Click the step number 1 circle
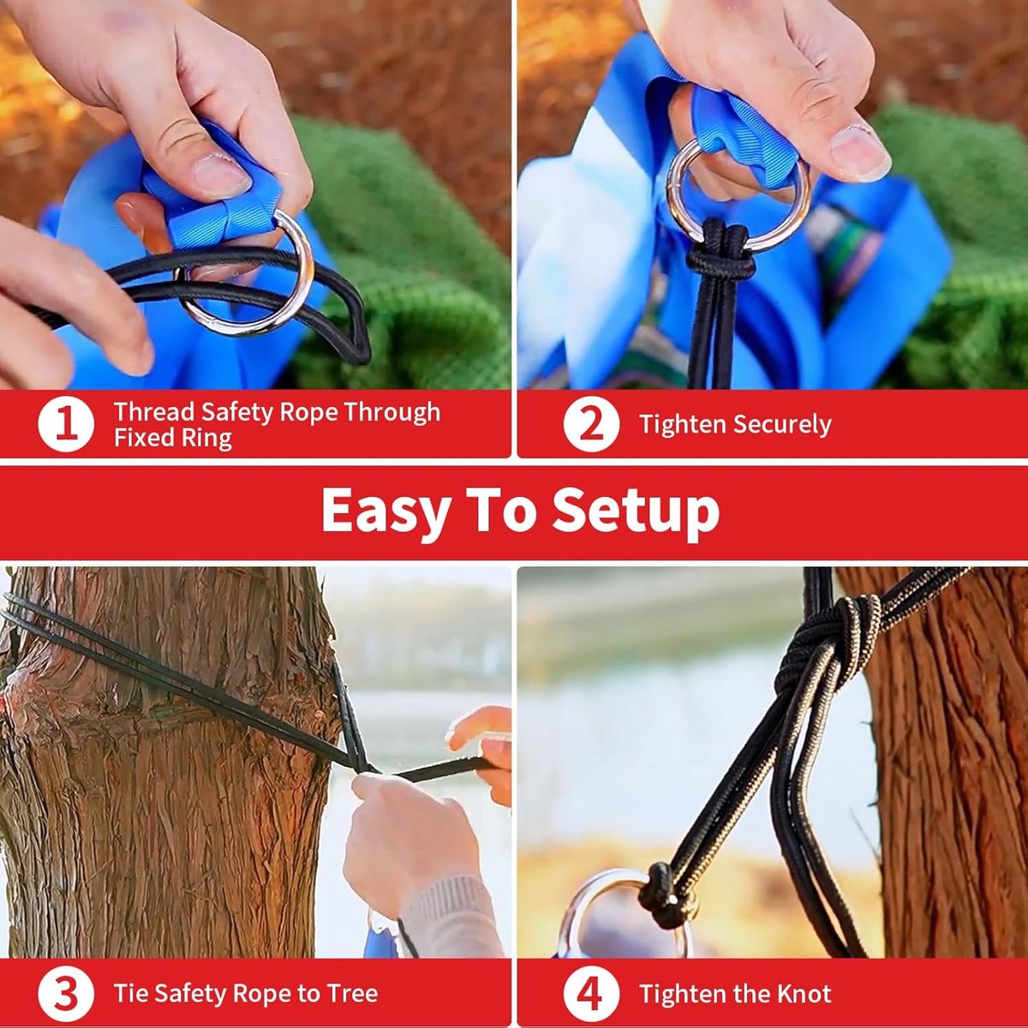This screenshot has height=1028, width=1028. [66, 425]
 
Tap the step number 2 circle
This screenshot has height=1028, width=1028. [591, 425]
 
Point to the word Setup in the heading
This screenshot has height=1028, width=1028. [636, 511]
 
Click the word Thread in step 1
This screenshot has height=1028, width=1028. [154, 411]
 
